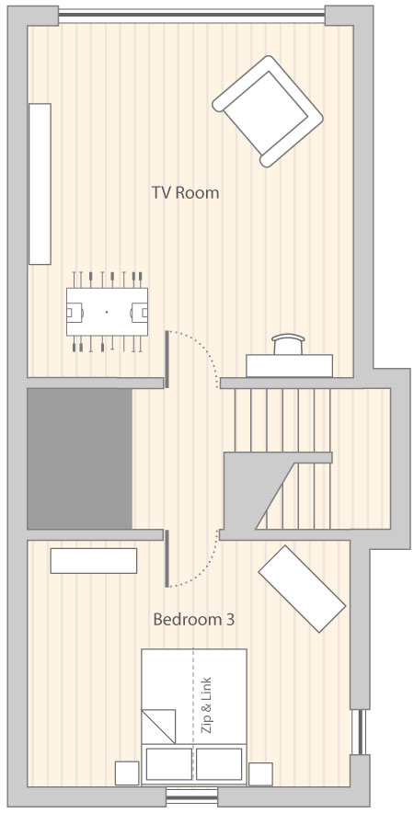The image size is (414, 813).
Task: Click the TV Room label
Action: [x=185, y=193]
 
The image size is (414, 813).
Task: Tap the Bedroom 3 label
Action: [x=193, y=619]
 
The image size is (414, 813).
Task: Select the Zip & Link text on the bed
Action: [x=206, y=704]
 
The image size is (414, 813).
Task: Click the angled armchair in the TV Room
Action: [x=268, y=111]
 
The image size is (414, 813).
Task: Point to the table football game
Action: [x=107, y=312]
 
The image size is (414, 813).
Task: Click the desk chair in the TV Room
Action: [x=289, y=344]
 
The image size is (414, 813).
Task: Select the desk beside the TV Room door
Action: [x=289, y=365]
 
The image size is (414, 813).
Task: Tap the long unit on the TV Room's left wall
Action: [x=40, y=184]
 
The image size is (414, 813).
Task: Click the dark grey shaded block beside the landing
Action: [x=79, y=459]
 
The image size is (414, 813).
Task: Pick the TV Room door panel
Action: [x=167, y=360]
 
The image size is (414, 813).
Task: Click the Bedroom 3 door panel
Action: [x=167, y=558]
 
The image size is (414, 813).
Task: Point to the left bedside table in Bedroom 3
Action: [x=127, y=773]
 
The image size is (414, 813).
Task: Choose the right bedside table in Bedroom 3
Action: [x=260, y=773]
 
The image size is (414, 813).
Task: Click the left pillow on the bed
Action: [x=168, y=763]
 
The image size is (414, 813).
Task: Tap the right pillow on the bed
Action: [x=219, y=763]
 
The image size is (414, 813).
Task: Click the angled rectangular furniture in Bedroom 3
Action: [x=302, y=589]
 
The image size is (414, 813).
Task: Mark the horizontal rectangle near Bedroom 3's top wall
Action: [x=94, y=560]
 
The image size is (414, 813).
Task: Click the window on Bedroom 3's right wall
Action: [x=360, y=731]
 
